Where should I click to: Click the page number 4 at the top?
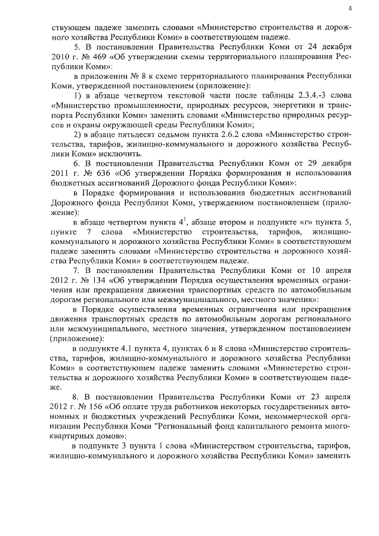click(x=350, y=8)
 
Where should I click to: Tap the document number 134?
click(x=82, y=280)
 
